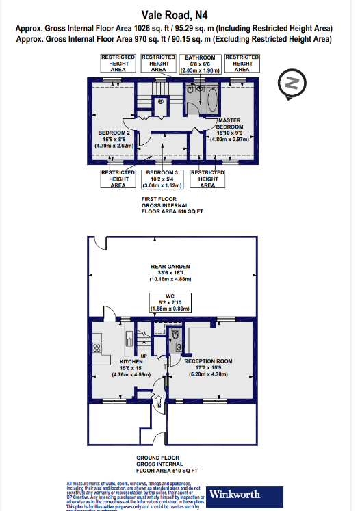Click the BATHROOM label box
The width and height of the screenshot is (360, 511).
point(199,64)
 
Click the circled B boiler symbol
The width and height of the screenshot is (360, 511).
point(162,102)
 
